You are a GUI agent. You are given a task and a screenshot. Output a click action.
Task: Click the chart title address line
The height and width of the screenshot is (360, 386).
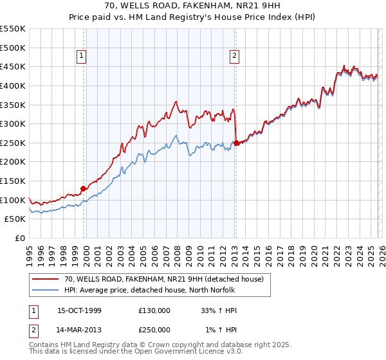(x=193, y=6)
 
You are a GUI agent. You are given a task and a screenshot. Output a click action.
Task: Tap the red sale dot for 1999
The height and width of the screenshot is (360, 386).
(x=83, y=188)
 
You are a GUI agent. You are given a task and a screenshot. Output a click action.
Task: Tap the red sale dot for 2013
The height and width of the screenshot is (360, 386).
(x=236, y=143)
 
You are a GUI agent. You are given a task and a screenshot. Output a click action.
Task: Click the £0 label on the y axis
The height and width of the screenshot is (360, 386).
(x=19, y=239)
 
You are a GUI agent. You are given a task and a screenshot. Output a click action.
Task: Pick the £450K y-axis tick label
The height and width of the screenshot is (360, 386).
(x=13, y=67)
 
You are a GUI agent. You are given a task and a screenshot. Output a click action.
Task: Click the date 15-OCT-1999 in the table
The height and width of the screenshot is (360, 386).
(x=79, y=310)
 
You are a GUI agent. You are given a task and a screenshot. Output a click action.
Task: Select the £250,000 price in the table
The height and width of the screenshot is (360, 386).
(x=154, y=329)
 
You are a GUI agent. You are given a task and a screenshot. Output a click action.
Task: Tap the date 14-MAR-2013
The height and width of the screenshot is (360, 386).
(x=79, y=329)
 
